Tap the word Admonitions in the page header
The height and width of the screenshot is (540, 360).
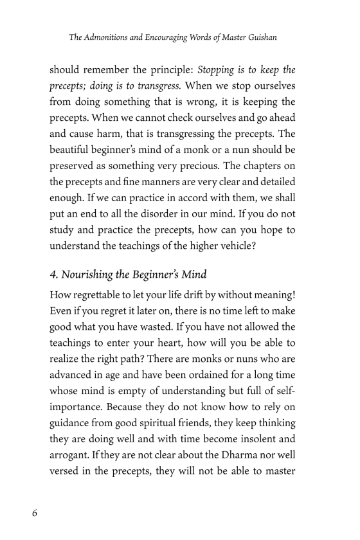114,38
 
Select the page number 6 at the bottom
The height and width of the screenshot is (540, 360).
35,512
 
